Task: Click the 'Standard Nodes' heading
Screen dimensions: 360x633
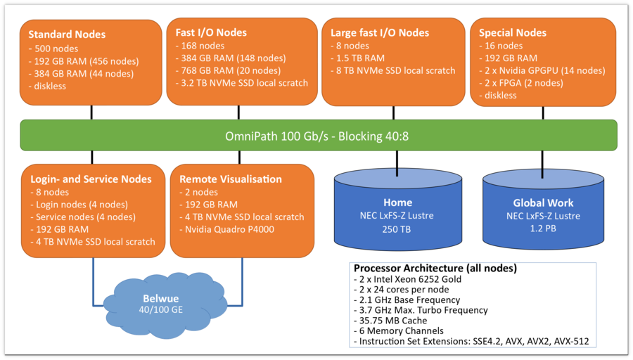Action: pos(67,34)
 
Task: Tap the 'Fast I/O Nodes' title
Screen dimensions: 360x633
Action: pos(212,32)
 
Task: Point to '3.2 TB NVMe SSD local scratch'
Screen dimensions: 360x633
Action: pos(242,82)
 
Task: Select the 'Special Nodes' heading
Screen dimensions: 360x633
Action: pos(513,32)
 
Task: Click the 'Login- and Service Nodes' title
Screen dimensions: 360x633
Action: pos(90,179)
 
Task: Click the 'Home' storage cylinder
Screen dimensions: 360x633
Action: pos(397,211)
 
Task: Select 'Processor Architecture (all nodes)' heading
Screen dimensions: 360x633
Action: pos(435,269)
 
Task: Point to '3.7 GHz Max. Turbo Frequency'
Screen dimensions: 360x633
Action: pos(421,310)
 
